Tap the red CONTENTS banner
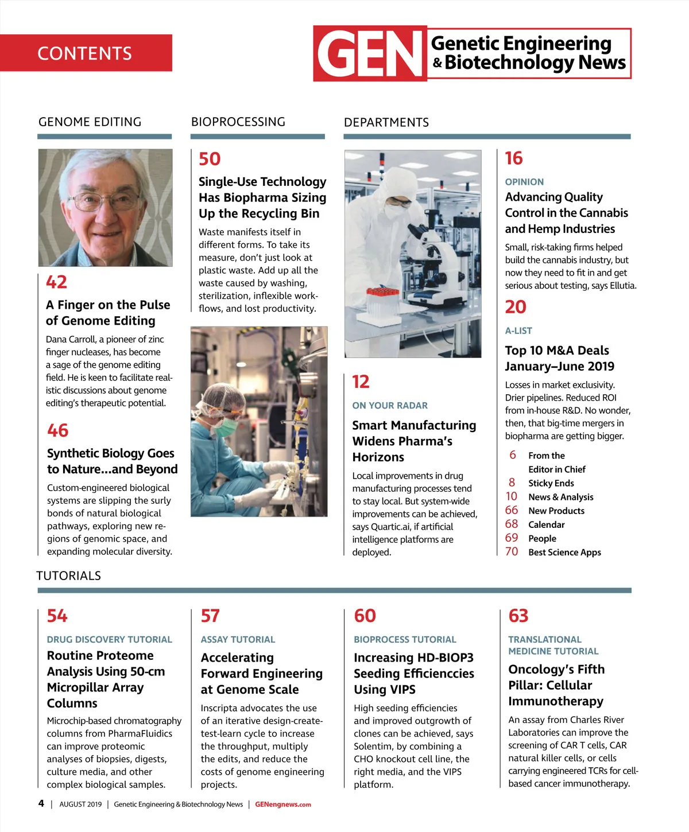86,53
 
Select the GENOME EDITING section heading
90,122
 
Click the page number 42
56,282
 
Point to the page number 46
57,430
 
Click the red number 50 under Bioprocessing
210,159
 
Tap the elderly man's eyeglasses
104,200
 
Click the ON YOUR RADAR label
390,406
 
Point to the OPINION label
524,182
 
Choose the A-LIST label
518,331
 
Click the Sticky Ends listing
551,483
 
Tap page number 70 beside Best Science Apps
511,552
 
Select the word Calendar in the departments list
546,524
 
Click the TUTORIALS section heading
68,576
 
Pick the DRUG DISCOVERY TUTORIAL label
109,639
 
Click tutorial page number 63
518,616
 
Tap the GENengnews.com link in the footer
283,804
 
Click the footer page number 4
41,803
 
